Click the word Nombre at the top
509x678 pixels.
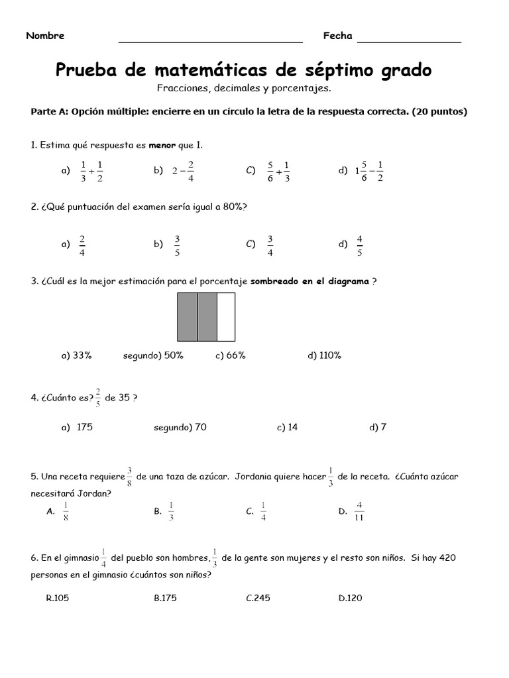45,36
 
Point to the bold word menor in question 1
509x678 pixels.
162,144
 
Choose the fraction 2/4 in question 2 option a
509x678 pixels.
82,244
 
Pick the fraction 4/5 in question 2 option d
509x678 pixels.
359,244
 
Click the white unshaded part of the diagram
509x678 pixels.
226,316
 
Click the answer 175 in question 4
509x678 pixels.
85,427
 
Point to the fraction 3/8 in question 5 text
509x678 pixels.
130,477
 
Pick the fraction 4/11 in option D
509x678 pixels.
359,511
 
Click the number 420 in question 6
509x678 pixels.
447,558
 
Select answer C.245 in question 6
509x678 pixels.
258,598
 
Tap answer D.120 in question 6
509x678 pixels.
350,598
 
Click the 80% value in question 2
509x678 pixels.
233,207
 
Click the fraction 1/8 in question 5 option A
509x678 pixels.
66,511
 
